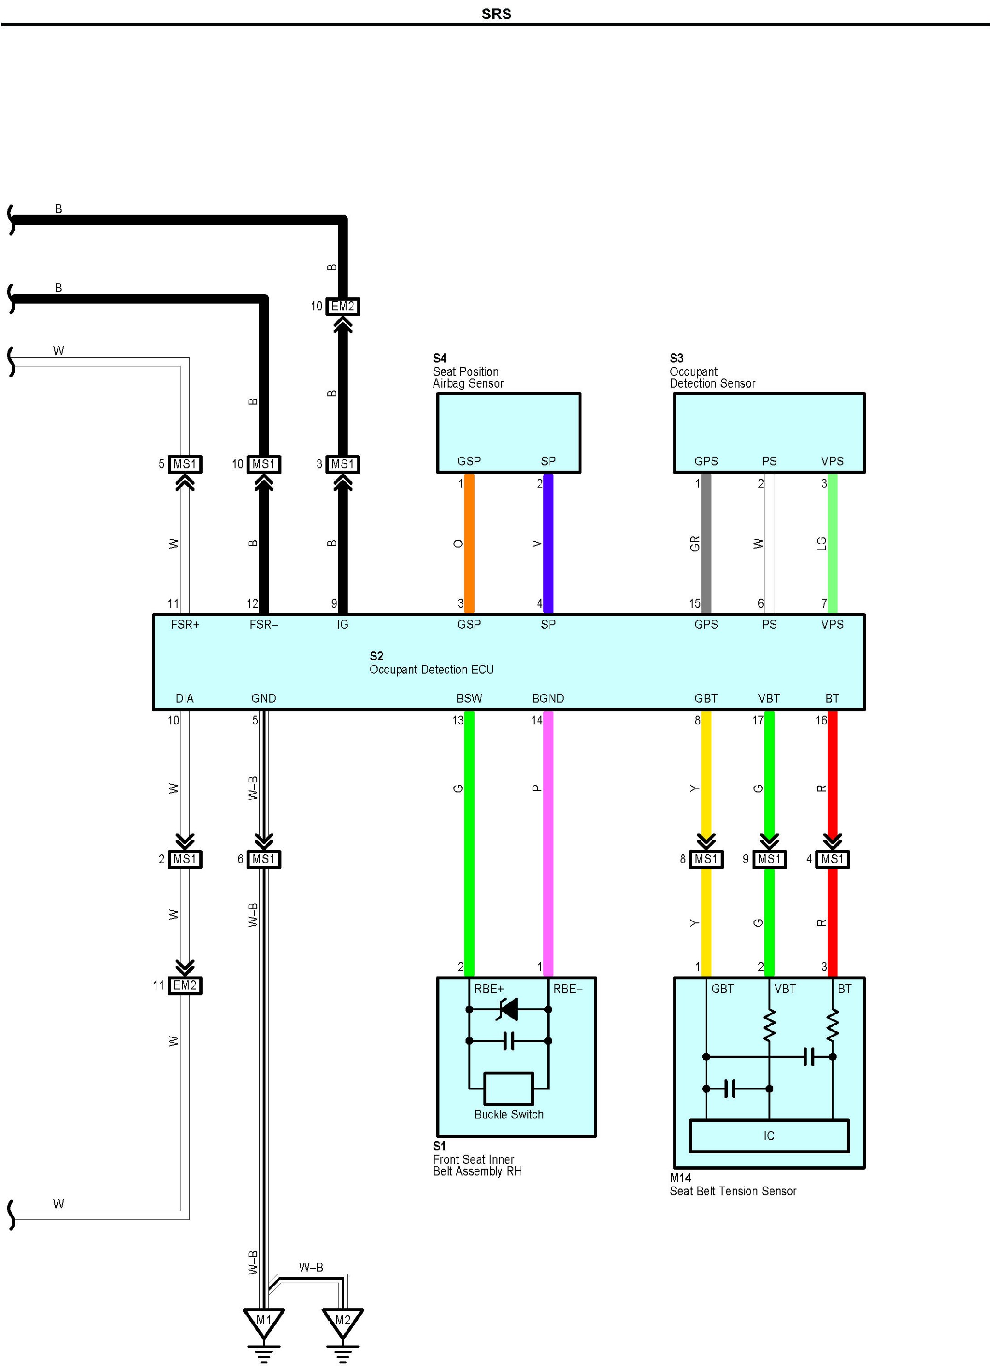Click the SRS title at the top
point(496,14)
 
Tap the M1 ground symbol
point(263,1321)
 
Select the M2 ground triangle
point(342,1321)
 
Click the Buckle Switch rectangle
point(509,1089)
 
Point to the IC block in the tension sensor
point(769,1135)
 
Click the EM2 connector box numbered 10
point(342,306)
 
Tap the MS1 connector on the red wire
point(832,859)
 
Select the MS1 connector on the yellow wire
point(706,859)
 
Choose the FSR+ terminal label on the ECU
point(185,625)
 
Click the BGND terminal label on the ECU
point(548,698)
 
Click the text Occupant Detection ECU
point(431,670)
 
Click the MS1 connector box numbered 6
point(263,859)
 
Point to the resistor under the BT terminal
point(832,1025)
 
